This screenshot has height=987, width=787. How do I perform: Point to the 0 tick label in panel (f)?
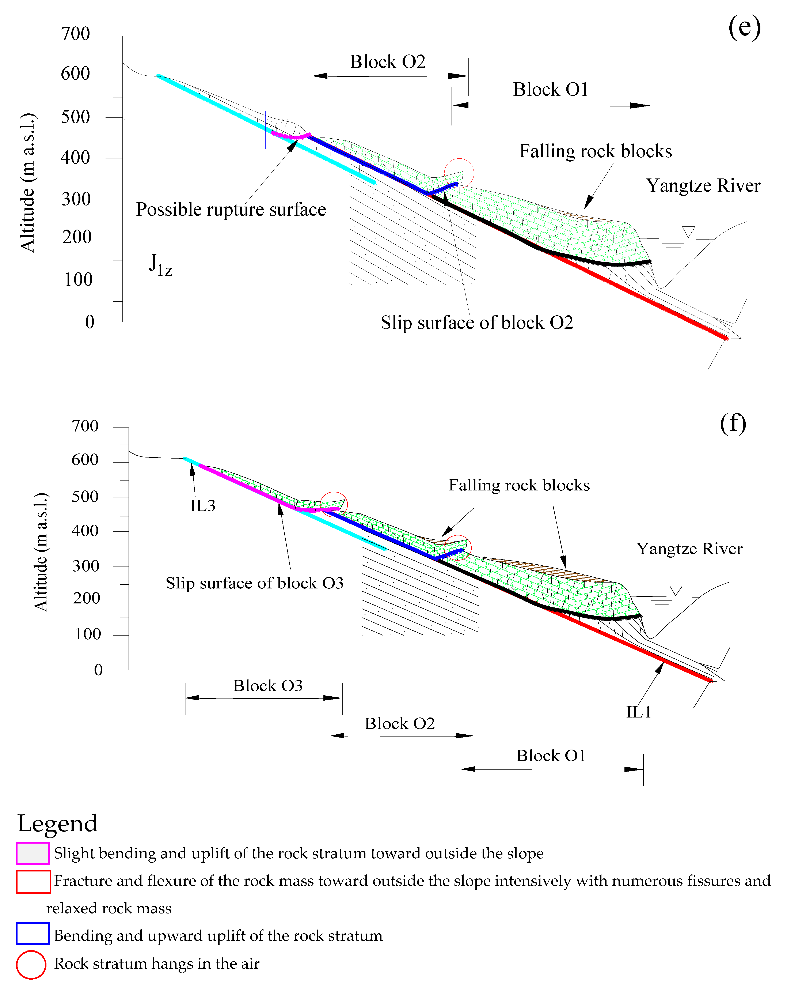(x=98, y=670)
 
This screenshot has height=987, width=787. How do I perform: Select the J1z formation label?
(x=160, y=265)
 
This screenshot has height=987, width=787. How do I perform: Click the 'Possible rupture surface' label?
(x=231, y=210)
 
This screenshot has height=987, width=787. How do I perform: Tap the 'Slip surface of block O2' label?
(x=477, y=323)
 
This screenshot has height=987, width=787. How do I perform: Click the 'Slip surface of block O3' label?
(x=254, y=583)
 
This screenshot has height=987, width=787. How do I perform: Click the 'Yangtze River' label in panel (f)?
(x=689, y=549)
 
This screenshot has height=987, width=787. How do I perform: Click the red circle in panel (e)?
(x=459, y=173)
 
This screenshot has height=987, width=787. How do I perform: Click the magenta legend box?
(x=33, y=853)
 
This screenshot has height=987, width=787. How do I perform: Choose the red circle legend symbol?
(x=31, y=965)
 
